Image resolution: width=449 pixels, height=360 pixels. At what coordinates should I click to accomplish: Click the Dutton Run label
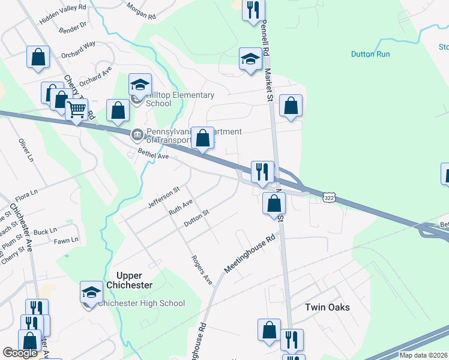370,54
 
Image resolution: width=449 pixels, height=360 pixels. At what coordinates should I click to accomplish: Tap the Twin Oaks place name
327,307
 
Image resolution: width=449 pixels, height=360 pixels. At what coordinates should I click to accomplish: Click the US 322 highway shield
328,197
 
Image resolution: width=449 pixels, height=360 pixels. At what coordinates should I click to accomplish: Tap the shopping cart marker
77,110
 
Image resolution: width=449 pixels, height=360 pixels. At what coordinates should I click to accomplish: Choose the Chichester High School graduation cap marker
91,293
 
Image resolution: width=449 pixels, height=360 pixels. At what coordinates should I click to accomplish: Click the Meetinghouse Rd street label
250,254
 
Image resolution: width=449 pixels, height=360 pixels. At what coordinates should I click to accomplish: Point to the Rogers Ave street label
202,269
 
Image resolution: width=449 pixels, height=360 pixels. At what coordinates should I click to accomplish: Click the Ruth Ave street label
180,208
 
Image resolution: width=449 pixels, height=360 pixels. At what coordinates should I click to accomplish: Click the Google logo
20,352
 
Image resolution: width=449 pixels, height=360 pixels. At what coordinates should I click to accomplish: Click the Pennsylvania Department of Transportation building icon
137,134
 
